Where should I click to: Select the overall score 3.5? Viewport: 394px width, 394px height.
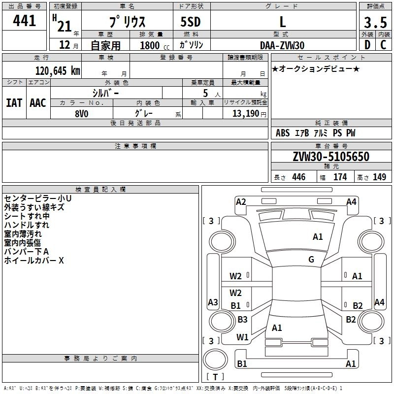[x=375, y=23]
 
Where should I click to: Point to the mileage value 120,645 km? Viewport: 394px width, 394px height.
[x=57, y=71]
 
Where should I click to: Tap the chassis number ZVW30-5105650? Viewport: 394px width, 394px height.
[x=330, y=157]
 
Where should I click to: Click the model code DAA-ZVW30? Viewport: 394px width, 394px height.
[x=282, y=45]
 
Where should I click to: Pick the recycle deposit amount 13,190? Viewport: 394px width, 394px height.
[x=245, y=113]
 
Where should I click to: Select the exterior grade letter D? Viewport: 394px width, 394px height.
[x=367, y=45]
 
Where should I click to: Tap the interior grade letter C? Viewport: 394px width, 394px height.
[x=383, y=45]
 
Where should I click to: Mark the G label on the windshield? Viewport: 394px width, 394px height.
[x=311, y=260]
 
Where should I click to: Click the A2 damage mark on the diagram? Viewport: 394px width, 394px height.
[x=241, y=201]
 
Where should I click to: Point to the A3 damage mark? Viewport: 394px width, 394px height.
[x=213, y=302]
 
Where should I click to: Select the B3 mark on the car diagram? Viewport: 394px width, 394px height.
[x=242, y=320]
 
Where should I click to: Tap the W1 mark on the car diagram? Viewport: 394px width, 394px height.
[x=242, y=337]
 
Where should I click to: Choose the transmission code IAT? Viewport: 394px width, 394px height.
[x=14, y=102]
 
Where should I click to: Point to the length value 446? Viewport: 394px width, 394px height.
[x=298, y=177]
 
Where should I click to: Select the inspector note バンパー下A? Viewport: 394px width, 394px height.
[x=27, y=252]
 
